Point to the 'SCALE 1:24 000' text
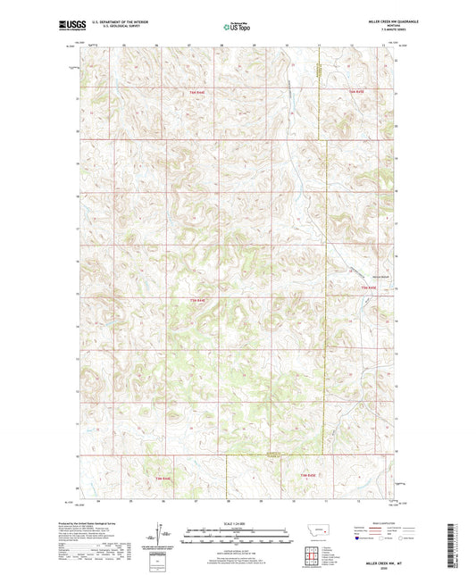pos(237,522)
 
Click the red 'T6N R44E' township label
pos(196,92)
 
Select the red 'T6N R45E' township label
pos(356,92)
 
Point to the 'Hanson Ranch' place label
pos(356,277)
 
